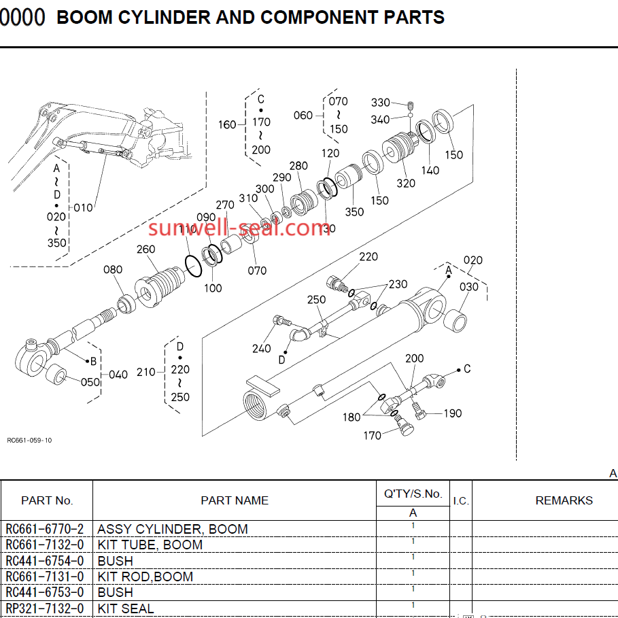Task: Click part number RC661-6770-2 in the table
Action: [x=46, y=529]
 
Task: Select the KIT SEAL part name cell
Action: [x=126, y=608]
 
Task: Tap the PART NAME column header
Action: [x=235, y=500]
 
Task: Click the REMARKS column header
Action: [x=564, y=500]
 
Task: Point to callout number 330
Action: [x=381, y=103]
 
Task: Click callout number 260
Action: [x=146, y=250]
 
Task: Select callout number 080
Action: [x=113, y=270]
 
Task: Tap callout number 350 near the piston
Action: [x=354, y=211]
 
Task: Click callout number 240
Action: [x=261, y=349]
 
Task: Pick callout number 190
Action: [x=453, y=413]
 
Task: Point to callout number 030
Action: [x=469, y=287]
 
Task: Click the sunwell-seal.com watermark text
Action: [x=239, y=228]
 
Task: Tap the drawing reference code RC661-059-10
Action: [x=29, y=440]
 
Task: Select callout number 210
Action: [x=146, y=372]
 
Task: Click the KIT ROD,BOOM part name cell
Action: [x=145, y=577]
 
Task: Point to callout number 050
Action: [x=90, y=382]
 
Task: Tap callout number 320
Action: [x=406, y=183]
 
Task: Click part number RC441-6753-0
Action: [x=46, y=592]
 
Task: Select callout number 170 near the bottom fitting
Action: [x=372, y=436]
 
